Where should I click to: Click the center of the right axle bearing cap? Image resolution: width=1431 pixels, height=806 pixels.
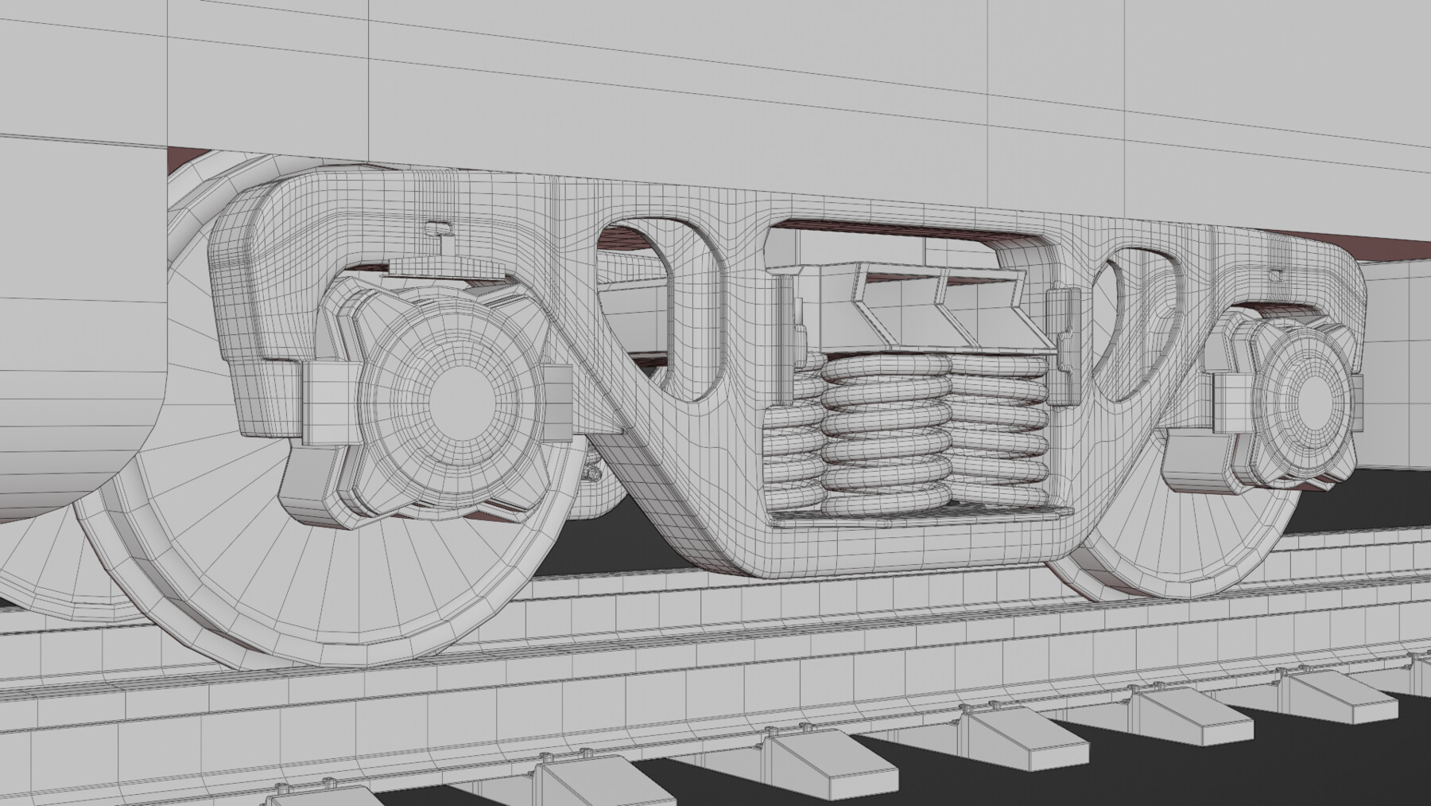(1313, 395)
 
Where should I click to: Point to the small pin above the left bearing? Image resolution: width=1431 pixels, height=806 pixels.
(436, 229)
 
